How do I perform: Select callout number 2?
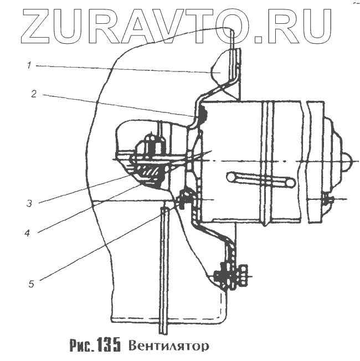coord(34,94)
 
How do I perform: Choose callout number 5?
coord(32,285)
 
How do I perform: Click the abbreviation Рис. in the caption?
coord(81,346)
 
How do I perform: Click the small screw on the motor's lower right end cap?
coord(327,199)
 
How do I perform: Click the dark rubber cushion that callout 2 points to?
coord(201,114)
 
